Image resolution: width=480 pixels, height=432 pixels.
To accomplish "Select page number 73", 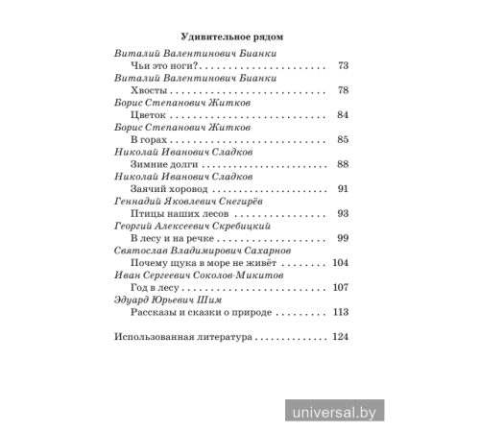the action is pyautogui.click(x=344, y=66).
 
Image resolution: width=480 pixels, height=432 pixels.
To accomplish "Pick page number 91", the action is pyautogui.click(x=344, y=189).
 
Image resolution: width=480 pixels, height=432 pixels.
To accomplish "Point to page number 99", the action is pyautogui.click(x=344, y=239).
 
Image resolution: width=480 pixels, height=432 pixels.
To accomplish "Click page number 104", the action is pyautogui.click(x=341, y=263).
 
